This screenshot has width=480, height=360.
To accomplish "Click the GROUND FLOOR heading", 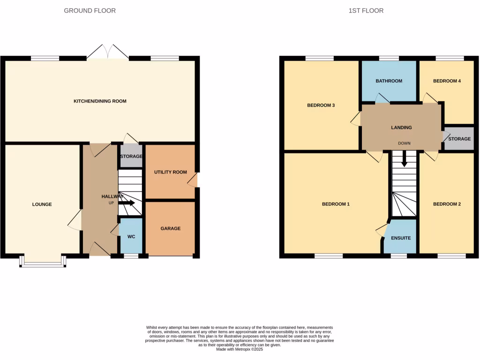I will (90, 10).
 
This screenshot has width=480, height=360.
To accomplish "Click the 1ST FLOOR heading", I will (366, 10).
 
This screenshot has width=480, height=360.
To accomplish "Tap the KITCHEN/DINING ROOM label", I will (100, 101).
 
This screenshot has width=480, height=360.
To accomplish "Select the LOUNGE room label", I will (42, 204).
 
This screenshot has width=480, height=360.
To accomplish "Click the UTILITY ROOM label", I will (171, 172).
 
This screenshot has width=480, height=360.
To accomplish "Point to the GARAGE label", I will (171, 228).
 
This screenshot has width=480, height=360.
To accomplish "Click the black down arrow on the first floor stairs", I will (404, 161).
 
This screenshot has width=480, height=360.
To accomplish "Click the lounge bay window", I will (42, 262).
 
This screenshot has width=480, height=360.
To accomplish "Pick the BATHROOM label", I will (389, 81).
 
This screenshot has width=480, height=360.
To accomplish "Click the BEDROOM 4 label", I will (447, 81).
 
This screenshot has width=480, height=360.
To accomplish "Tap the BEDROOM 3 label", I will (321, 105).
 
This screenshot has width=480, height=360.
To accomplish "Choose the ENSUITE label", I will (401, 238).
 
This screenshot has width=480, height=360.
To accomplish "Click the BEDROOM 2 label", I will (447, 204).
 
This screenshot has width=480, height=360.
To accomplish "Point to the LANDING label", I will (401, 127).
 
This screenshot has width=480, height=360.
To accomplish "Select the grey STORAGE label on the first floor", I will (459, 139).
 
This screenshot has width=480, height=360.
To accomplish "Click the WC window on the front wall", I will (131, 256).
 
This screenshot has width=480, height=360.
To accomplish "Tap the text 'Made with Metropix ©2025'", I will (240, 349).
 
